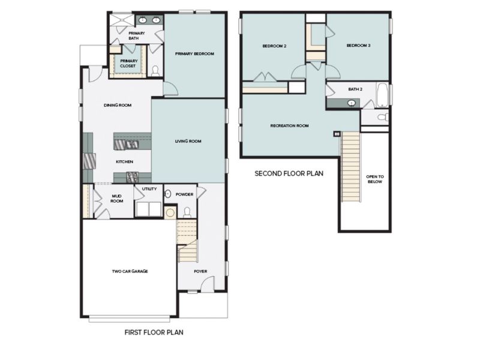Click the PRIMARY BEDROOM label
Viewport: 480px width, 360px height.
(194, 54)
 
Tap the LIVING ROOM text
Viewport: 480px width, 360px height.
(188, 142)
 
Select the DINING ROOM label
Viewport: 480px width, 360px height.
(117, 105)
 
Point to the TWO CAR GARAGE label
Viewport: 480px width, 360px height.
(130, 271)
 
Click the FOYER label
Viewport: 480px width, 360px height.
(200, 271)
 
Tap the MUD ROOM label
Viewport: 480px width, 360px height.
(117, 198)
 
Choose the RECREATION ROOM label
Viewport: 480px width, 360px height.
(289, 126)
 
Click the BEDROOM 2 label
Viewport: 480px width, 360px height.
(274, 46)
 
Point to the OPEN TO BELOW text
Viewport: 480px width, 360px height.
(374, 179)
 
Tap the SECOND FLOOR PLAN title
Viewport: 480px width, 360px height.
(289, 174)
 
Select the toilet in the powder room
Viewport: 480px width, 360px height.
(187, 211)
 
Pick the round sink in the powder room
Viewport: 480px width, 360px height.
(168, 194)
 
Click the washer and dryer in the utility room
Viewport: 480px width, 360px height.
(148, 209)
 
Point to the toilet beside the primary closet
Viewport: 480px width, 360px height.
(155, 71)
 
